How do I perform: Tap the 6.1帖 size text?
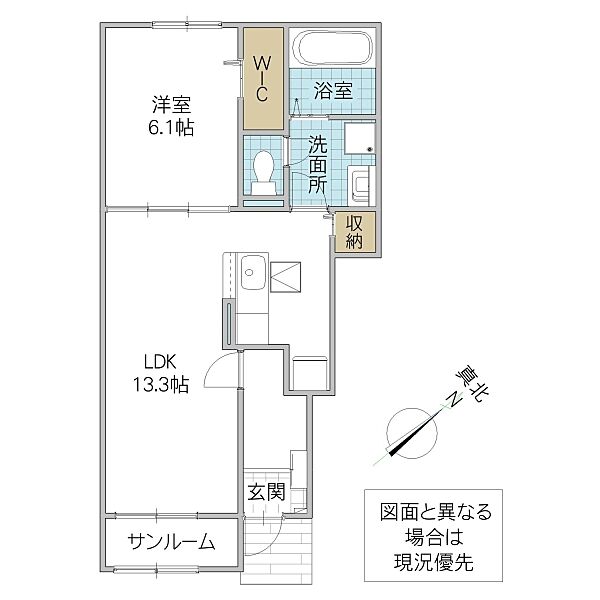(x=173, y=127)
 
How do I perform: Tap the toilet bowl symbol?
(x=265, y=172)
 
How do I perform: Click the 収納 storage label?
(x=354, y=231)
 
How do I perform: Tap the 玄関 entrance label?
(x=267, y=492)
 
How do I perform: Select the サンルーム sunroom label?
(x=171, y=543)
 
